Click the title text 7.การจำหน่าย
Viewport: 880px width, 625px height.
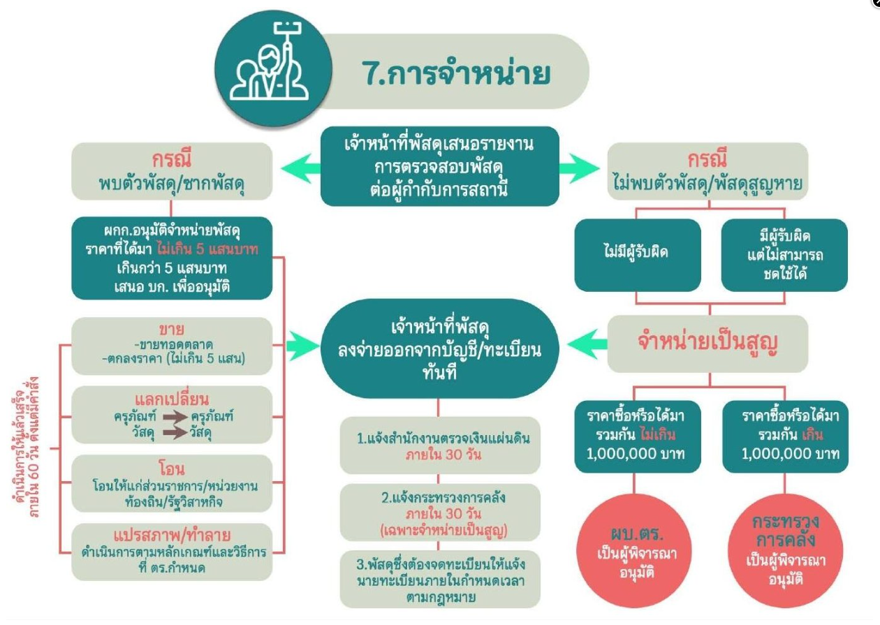coord(455,73)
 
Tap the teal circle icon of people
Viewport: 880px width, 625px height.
coord(274,68)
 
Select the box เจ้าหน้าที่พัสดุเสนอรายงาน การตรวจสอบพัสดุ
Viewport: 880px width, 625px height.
coord(440,166)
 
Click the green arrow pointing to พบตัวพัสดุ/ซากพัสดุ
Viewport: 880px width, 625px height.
coord(300,168)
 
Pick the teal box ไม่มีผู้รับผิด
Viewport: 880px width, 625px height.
coord(638,255)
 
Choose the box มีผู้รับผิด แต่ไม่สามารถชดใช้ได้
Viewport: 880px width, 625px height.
coord(784,255)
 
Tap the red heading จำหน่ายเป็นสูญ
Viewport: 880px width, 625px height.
coord(707,342)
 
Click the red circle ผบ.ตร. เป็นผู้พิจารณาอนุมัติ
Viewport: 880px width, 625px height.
coord(634,551)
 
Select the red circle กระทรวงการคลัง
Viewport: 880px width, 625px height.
coord(785,551)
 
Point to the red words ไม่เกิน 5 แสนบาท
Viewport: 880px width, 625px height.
coord(207,249)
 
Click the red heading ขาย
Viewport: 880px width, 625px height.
coord(172,329)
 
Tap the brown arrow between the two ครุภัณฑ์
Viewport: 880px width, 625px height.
coord(175,416)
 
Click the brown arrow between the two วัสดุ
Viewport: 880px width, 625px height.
coord(175,432)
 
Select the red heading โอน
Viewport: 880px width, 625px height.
coord(172,469)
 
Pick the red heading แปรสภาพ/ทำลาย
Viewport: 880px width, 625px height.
coord(172,535)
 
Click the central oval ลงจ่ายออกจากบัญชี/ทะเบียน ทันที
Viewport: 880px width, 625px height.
coord(440,348)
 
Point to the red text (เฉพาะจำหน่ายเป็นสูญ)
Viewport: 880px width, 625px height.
coord(444,531)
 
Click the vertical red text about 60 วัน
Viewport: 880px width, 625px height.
coord(27,447)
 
